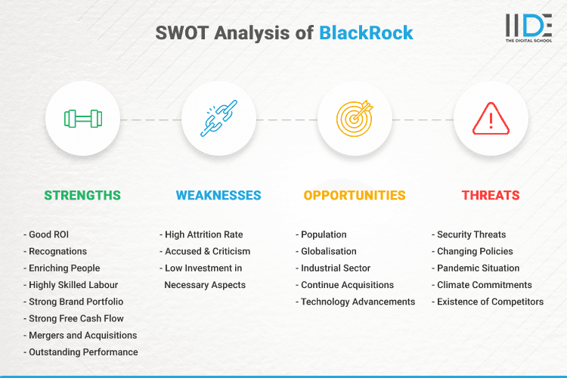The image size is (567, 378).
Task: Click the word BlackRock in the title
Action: tap(366, 33)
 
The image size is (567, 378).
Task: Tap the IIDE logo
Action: tap(528, 28)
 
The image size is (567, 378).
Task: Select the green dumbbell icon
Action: tap(82, 119)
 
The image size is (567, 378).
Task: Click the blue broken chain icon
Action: tap(218, 119)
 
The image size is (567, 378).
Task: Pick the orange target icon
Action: tap(355, 119)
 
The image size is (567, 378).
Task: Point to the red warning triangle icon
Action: tap(491, 119)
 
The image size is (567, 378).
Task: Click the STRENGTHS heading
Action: tap(82, 195)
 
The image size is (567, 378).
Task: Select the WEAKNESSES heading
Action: tap(218, 195)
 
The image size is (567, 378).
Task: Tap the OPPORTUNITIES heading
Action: tap(355, 195)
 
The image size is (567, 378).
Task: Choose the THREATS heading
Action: tap(491, 195)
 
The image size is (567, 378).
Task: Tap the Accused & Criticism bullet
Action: tap(205, 251)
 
